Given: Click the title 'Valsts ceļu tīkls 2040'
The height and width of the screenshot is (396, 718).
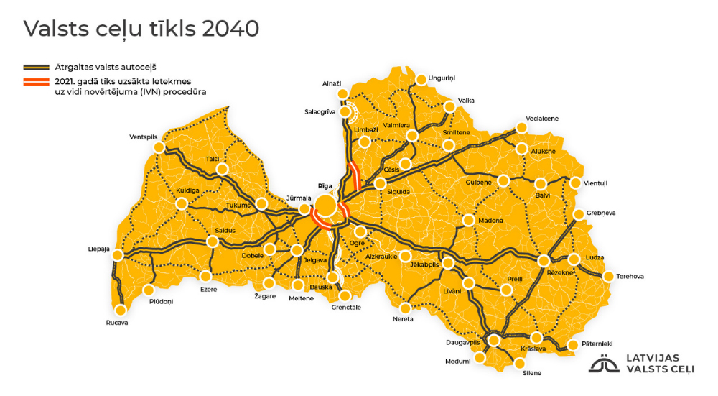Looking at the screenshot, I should coord(141,29).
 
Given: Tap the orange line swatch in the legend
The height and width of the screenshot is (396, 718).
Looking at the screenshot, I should coord(36,81).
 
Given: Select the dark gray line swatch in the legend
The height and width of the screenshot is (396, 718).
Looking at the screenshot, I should coord(36,65).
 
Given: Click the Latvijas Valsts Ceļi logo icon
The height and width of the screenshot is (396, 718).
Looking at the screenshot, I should coord(605,364).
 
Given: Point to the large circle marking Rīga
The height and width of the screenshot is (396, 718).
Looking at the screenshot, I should coord(325,206).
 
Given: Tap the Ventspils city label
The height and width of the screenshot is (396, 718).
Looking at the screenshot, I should coord(143,137).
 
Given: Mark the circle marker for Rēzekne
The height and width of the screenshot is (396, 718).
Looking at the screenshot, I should coord(544,260).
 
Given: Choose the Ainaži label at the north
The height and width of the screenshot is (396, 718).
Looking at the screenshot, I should coord(331,83).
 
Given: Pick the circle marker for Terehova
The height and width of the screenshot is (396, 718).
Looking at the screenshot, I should coord(609,276).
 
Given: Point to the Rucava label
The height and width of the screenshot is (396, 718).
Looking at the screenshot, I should coord(116,323).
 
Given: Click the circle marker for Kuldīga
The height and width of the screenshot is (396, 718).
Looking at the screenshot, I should coord(182,203).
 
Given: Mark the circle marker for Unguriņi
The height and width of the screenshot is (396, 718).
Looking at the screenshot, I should coord(419,78).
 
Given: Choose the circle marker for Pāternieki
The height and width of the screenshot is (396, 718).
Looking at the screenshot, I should coord(573,345).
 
